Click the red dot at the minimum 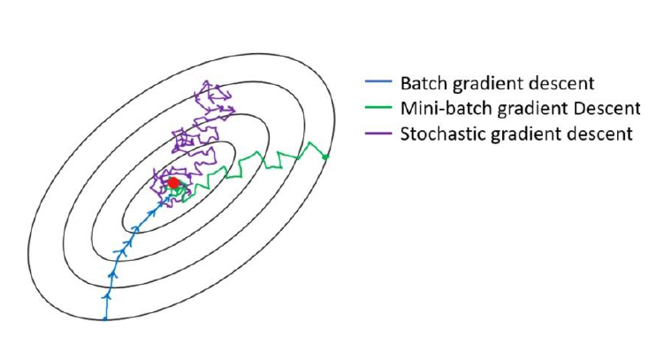coord(173,183)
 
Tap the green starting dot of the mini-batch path coord(326,157)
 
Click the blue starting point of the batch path coord(105,319)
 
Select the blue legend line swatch coord(378,81)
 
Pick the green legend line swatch coord(378,107)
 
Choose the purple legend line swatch coord(378,134)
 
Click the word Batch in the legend coord(424,83)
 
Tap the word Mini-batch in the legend coord(446,109)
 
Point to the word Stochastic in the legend coord(443,134)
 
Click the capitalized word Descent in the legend coord(607,109)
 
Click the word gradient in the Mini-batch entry coord(532,110)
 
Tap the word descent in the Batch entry coord(561,83)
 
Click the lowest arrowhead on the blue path coord(107,295)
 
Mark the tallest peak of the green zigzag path coord(309,143)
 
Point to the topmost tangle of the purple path coord(213,96)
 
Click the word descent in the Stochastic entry coord(600,134)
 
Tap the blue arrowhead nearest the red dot coord(164,203)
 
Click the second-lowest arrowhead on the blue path coord(112,273)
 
